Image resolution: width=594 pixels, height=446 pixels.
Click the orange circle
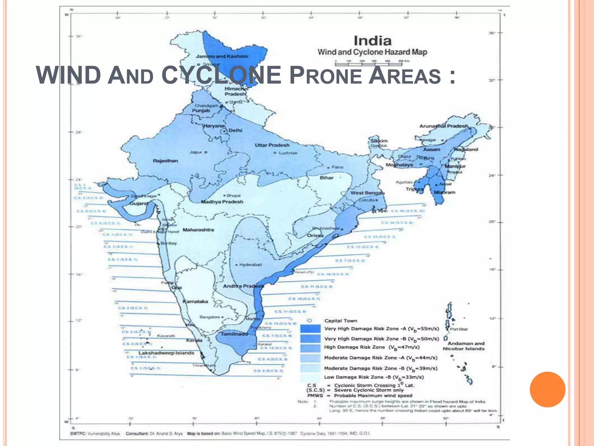(547, 389)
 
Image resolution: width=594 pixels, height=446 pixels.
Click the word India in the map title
(372, 41)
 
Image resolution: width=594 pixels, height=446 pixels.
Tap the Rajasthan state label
(165, 161)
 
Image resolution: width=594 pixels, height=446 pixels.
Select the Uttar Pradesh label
(272, 145)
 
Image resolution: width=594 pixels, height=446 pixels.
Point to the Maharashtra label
(198, 230)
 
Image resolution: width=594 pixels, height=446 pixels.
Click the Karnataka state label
(195, 301)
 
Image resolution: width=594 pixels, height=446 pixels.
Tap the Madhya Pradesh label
(222, 202)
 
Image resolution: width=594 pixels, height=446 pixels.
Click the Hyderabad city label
(250, 265)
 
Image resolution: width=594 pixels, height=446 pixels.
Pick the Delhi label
(235, 131)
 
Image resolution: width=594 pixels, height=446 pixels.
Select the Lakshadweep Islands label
(166, 353)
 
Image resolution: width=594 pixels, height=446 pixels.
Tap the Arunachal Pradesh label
(443, 126)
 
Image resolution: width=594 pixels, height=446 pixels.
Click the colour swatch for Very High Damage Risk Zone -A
(310, 329)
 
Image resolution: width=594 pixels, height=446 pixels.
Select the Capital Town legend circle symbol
(309, 321)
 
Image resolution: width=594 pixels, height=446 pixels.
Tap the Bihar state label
(327, 178)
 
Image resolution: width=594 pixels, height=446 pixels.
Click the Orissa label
(315, 235)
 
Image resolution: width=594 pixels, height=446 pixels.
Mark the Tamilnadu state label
(234, 334)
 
